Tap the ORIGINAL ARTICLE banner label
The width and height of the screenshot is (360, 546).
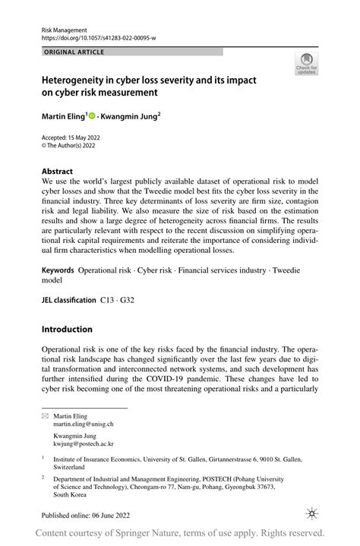(x=74, y=52)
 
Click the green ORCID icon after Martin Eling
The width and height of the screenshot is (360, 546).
(x=93, y=116)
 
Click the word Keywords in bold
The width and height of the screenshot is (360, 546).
(x=58, y=270)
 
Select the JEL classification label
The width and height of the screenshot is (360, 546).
(x=68, y=301)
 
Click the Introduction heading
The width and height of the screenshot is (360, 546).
(x=67, y=329)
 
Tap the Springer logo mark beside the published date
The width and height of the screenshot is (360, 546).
(x=310, y=514)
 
